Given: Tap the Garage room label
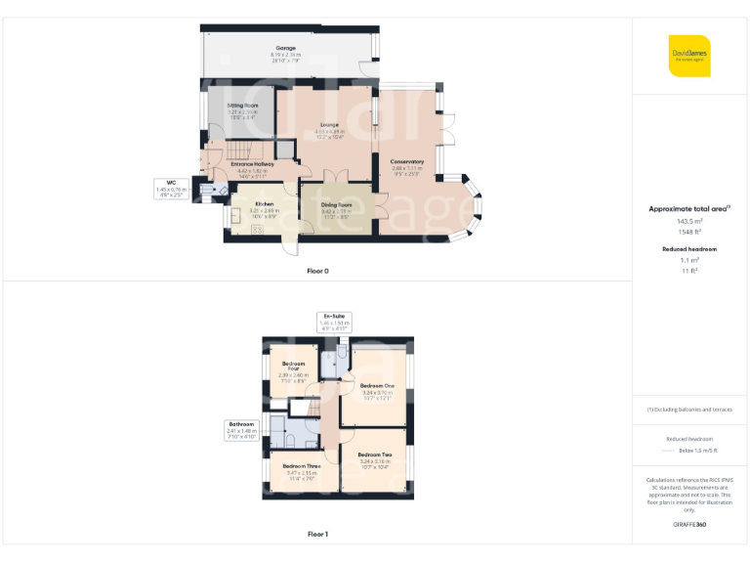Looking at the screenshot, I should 284,47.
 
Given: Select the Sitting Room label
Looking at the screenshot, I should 243,105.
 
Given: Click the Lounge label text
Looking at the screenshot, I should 328,125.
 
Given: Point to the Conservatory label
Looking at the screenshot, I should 407,161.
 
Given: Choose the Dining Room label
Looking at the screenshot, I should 336,204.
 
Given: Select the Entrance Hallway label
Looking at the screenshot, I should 251,164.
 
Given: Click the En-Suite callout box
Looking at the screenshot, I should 335,323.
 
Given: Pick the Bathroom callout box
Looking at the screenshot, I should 241,430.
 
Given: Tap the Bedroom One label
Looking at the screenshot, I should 376,386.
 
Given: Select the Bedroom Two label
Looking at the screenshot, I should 374,455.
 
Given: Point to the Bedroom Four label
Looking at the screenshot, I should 293,367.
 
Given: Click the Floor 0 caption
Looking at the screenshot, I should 317,270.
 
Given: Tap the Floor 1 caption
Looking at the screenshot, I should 317,535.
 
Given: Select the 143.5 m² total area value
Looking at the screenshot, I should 690,222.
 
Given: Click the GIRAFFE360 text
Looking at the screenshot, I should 689,525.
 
